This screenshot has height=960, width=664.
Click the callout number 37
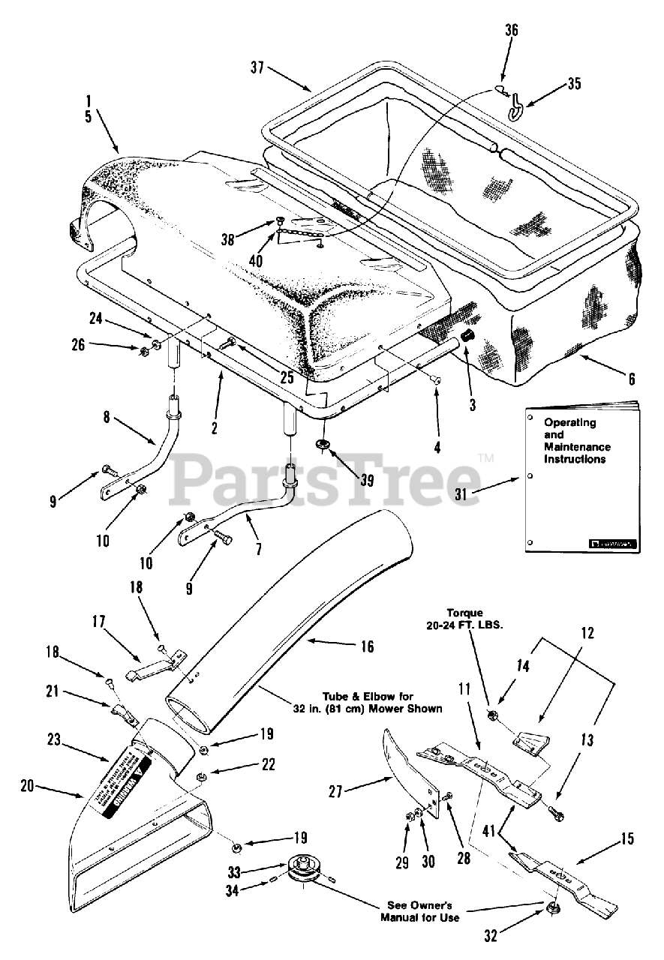(x=257, y=67)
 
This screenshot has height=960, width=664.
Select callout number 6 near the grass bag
(x=631, y=379)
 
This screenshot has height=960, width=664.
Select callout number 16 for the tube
(x=366, y=645)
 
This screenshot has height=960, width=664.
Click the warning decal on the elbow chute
(x=130, y=787)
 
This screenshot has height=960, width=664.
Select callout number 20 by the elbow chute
(x=28, y=786)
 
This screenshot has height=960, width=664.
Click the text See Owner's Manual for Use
(x=419, y=911)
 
